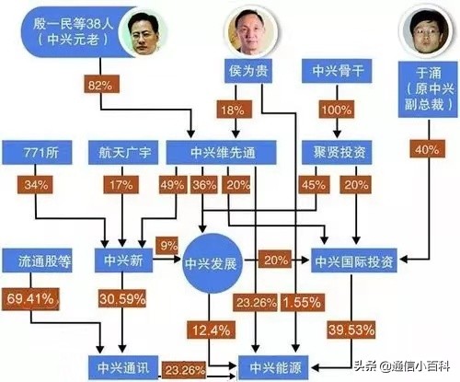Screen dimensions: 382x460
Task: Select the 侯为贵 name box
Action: pos(248,71)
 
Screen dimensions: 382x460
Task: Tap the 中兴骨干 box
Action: pos(334,71)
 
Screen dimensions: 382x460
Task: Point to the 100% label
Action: pos(334,110)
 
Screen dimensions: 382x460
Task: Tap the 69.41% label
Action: pos(31,298)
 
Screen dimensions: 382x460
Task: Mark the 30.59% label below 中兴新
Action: pos(124,298)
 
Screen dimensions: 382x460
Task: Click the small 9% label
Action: pos(169,246)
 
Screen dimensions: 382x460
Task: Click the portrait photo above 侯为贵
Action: pos(248,31)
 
